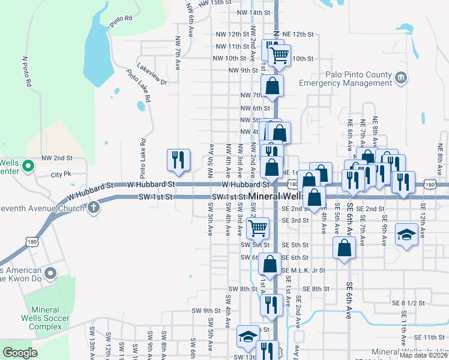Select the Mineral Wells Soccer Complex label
coord(54,318)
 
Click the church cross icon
coord(93,208)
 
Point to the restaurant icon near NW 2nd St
coord(178,159)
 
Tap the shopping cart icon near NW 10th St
coord(279,55)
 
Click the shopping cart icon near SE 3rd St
coord(258,227)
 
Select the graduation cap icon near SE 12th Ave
coord(406,234)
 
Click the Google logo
coord(20,353)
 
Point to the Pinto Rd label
coord(121,22)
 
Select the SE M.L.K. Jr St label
coord(303,271)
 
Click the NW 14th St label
coord(254,13)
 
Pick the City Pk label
coord(61,175)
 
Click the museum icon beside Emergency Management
coord(401,77)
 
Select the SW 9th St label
coord(206,310)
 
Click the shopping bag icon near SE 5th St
coord(343,248)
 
